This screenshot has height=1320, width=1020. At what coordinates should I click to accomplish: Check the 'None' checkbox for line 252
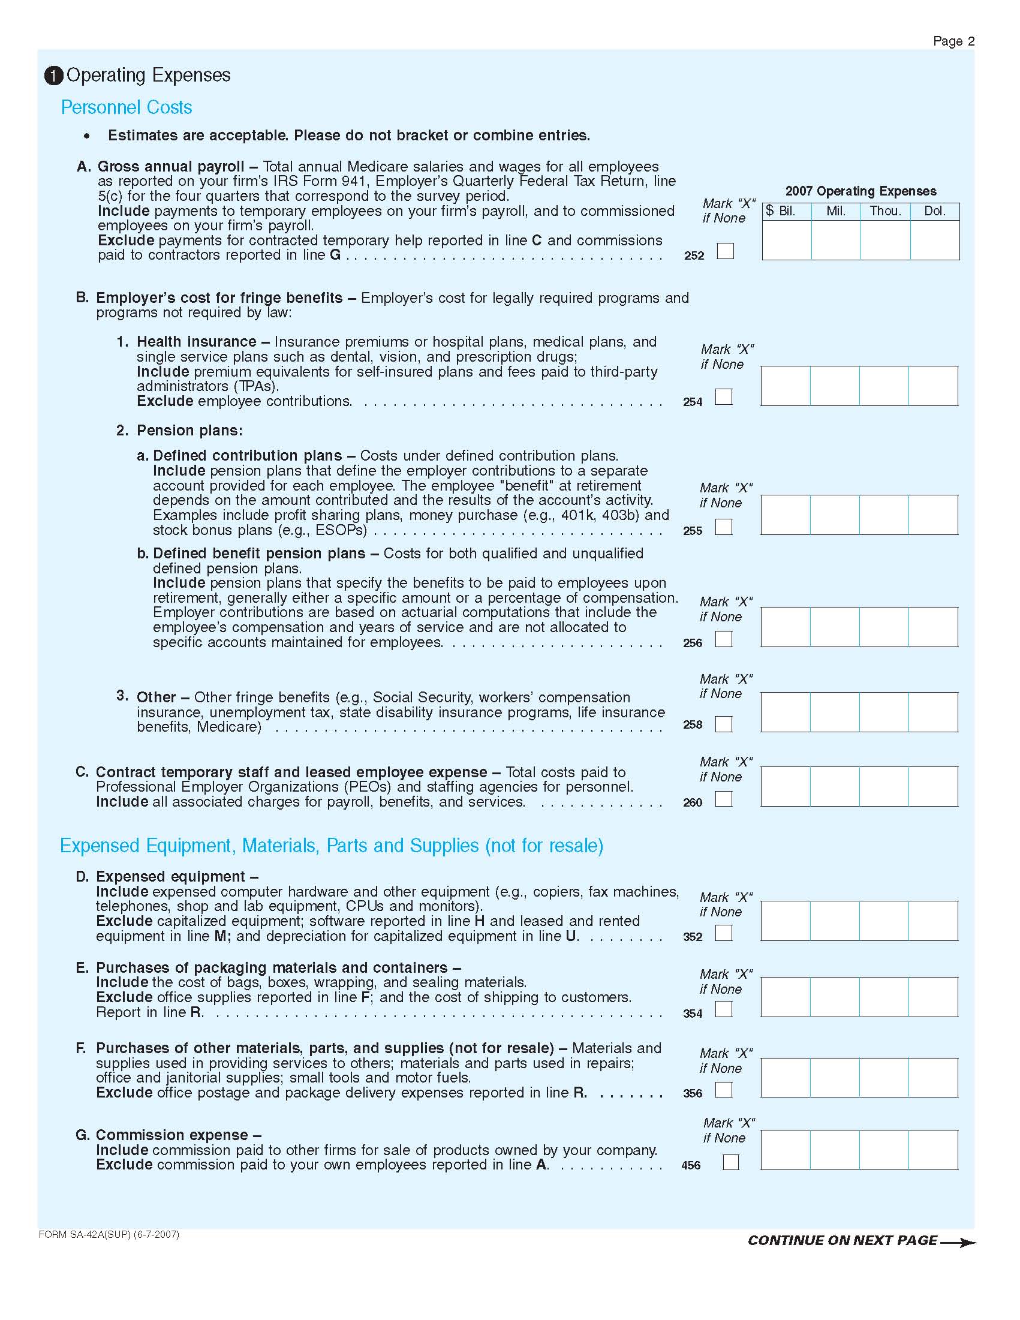[x=725, y=251]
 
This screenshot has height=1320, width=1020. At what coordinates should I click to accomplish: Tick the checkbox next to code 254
[x=723, y=396]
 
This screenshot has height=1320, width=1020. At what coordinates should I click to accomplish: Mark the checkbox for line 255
[x=723, y=527]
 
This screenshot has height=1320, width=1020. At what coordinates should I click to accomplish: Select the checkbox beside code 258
[x=723, y=724]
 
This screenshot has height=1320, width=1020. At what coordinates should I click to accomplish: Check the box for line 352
[x=723, y=933]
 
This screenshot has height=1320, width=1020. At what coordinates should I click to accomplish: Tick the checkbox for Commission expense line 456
[x=730, y=1162]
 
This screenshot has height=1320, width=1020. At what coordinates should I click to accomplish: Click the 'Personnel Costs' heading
[x=127, y=107]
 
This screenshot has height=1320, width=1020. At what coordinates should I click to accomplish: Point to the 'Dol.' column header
[x=934, y=211]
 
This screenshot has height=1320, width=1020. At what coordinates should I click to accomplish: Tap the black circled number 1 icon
[x=53, y=76]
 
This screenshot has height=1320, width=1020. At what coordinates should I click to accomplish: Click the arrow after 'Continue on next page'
[x=958, y=1243]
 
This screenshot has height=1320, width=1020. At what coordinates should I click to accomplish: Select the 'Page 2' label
[x=953, y=41]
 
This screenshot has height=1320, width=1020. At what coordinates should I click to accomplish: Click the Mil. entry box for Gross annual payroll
[x=836, y=240]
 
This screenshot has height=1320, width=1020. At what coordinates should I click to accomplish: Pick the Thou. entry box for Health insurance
[x=884, y=386]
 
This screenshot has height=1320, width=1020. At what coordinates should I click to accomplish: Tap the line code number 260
[x=693, y=802]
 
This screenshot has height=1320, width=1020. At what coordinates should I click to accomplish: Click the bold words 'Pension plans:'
[x=189, y=431]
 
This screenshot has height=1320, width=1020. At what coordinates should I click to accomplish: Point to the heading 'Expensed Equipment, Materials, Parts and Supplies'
[x=331, y=846]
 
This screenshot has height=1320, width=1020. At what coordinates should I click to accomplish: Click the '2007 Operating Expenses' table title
[x=860, y=191]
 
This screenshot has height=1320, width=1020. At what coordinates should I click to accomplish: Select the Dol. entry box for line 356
[x=933, y=1078]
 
